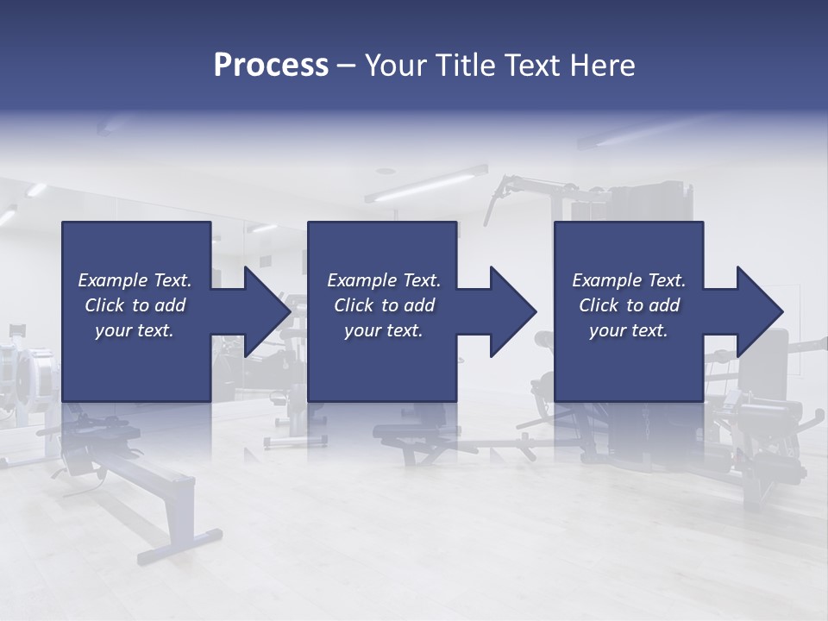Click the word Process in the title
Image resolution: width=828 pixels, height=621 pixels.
[271, 66]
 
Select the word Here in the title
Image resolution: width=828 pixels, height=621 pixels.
[603, 66]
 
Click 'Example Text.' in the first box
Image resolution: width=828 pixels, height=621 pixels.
[135, 280]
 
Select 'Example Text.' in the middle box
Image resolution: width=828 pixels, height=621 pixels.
[384, 280]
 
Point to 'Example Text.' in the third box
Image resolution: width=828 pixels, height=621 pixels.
[629, 280]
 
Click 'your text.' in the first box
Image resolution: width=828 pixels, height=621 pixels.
[135, 330]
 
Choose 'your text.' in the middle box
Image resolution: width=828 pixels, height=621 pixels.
[384, 330]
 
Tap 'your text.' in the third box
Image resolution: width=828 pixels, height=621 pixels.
[629, 330]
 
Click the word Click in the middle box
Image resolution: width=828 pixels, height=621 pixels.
[354, 305]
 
